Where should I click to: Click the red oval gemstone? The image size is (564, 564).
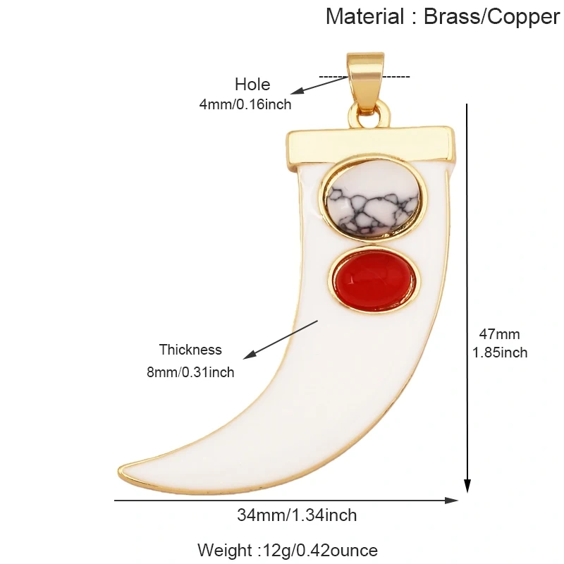click(x=374, y=280)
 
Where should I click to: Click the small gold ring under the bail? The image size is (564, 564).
click(x=369, y=114)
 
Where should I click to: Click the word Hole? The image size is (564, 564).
click(x=252, y=85)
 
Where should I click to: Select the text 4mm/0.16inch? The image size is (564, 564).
click(x=245, y=104)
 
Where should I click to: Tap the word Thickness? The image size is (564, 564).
click(x=190, y=350)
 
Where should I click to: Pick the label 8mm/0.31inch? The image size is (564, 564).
click(x=190, y=372)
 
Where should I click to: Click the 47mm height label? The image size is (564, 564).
click(x=499, y=334)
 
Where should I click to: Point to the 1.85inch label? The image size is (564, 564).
click(x=500, y=352)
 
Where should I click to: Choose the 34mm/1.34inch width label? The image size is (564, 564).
click(x=297, y=515)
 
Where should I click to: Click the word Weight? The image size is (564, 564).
click(x=225, y=551)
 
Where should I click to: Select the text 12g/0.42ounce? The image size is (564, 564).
click(x=321, y=551)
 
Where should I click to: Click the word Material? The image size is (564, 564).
click(x=365, y=16)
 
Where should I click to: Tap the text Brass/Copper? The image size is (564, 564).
click(x=491, y=17)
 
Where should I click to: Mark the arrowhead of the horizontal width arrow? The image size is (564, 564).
click(x=452, y=501)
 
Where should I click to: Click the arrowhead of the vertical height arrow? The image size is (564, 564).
click(x=467, y=486)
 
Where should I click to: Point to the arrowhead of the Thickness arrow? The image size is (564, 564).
click(x=250, y=355)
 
